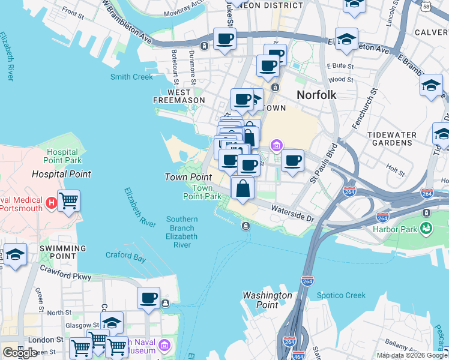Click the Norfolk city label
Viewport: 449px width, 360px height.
pos(316,94)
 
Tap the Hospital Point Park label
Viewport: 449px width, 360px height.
pos(62,157)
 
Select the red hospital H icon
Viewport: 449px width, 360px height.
pos(52,200)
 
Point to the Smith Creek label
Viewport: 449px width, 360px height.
pos(131,77)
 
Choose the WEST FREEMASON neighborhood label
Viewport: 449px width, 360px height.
pos(178,96)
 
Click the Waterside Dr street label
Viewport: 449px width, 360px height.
pos(292,214)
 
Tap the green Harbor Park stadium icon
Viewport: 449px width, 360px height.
pos(426,227)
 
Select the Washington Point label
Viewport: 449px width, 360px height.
pos(267,300)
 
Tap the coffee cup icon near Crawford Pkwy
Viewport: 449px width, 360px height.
pos(148,298)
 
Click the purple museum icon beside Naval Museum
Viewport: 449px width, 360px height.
pos(164,346)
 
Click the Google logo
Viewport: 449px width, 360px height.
pos(20,353)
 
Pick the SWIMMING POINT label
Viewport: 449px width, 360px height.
pos(63,252)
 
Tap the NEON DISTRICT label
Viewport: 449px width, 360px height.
pos(273,5)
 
